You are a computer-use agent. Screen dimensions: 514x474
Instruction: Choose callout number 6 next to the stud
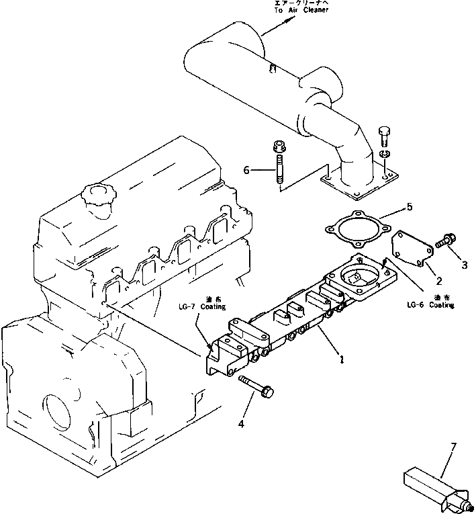pyautogui.click(x=246, y=170)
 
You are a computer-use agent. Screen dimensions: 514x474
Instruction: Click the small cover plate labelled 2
pyautogui.click(x=410, y=248)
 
